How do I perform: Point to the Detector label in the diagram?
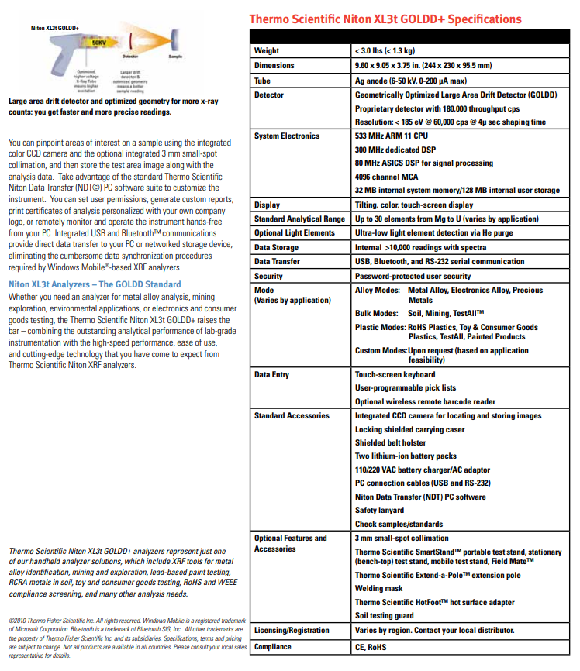pos(131,57)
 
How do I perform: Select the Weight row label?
pos(267,51)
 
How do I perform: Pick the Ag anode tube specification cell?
pos(410,81)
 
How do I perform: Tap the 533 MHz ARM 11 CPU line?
pos(391,136)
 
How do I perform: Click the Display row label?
pos(268,205)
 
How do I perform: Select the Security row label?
pos(269,276)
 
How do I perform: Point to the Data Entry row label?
pos(271,375)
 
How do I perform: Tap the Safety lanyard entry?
pos(379,511)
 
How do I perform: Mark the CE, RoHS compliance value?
pos(371,647)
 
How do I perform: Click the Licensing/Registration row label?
pos(292,631)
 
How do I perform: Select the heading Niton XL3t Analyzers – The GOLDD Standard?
pos(94,284)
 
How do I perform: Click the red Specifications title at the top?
pos(385,19)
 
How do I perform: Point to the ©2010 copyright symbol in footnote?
pos(11,621)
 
